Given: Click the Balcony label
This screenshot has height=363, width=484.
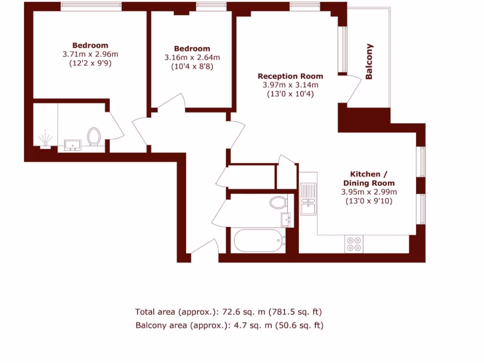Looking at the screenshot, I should click(370, 61).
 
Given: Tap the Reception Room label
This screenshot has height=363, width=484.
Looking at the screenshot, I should click(290, 76).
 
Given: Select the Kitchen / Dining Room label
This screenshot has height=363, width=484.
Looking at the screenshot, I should click(369, 178).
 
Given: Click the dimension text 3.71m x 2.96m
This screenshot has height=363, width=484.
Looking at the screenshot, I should click(90, 54).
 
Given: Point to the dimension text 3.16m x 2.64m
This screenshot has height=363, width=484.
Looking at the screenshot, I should click(192, 58).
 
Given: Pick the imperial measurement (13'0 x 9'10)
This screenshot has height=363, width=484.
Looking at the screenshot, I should click(369, 201).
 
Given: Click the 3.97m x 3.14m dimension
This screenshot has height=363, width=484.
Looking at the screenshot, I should click(290, 85).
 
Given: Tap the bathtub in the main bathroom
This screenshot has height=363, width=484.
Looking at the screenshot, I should click(259, 241).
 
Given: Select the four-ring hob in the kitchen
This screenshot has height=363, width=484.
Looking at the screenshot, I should click(354, 243).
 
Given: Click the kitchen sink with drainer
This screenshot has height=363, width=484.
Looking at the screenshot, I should click(308, 199).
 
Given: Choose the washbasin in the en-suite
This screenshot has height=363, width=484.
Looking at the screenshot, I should click(72, 145).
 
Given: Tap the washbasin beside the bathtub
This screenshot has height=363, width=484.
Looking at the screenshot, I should click(286, 219).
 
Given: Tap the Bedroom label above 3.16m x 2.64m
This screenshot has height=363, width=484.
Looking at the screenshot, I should click(192, 49).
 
